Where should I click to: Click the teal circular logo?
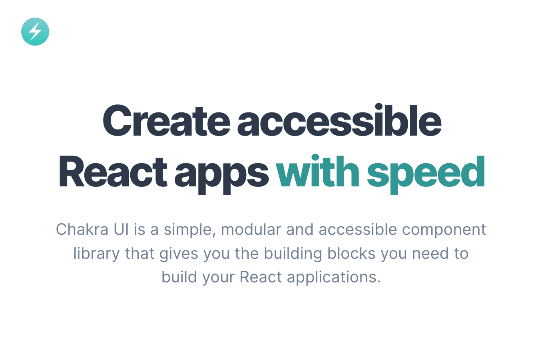click(35, 32)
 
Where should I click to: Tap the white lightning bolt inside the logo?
click(35, 32)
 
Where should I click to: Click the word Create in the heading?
click(166, 121)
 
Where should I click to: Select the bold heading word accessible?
click(339, 121)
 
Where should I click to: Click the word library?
click(96, 254)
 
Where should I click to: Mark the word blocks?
click(351, 254)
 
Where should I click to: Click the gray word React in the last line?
click(261, 277)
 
